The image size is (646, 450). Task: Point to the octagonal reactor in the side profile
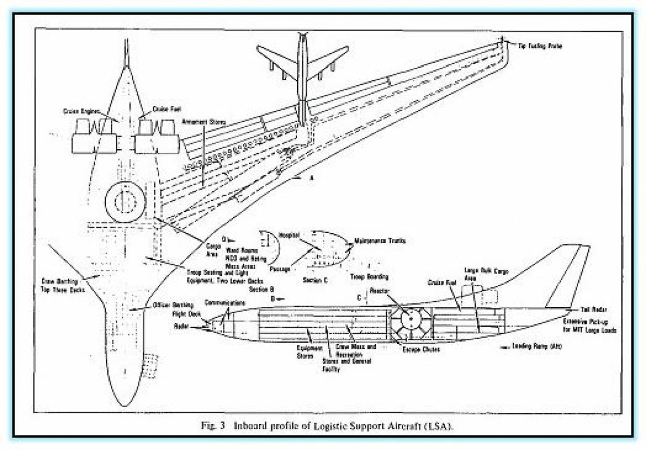[410, 319]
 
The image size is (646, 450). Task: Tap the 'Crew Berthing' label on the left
[62, 284]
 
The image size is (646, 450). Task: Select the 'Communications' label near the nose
[224, 304]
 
